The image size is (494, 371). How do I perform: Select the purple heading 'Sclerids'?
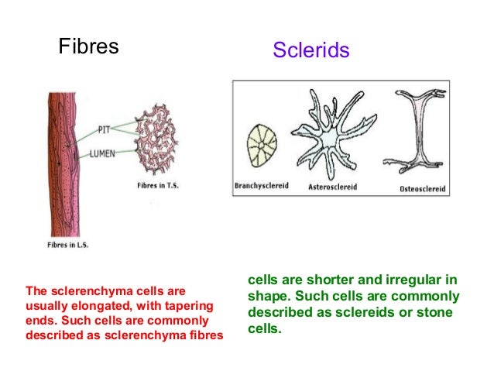coord(311,51)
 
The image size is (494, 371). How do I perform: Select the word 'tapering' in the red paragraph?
coord(185,306)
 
